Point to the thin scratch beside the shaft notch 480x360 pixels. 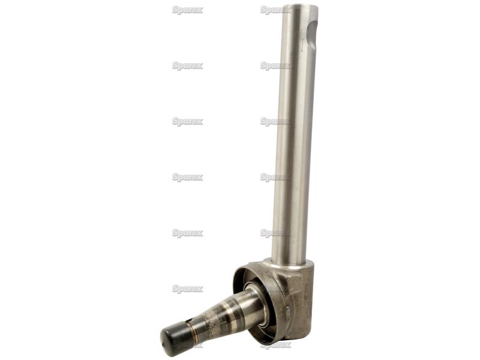(302, 44)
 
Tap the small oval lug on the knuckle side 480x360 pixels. (289, 311)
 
